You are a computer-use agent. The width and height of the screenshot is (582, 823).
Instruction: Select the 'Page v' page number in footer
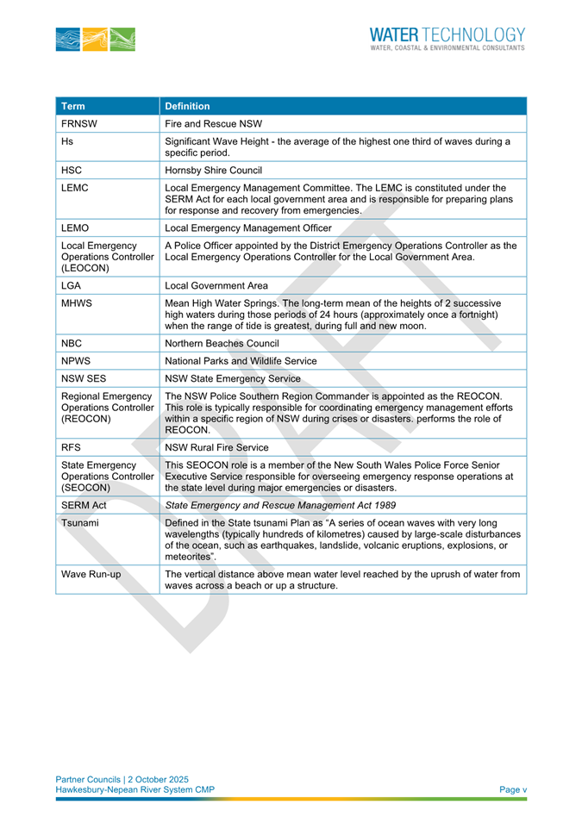click(x=513, y=789)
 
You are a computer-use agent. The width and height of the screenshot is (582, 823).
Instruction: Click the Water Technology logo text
click(x=447, y=38)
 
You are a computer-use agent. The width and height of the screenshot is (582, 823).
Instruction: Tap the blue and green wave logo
click(x=95, y=39)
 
